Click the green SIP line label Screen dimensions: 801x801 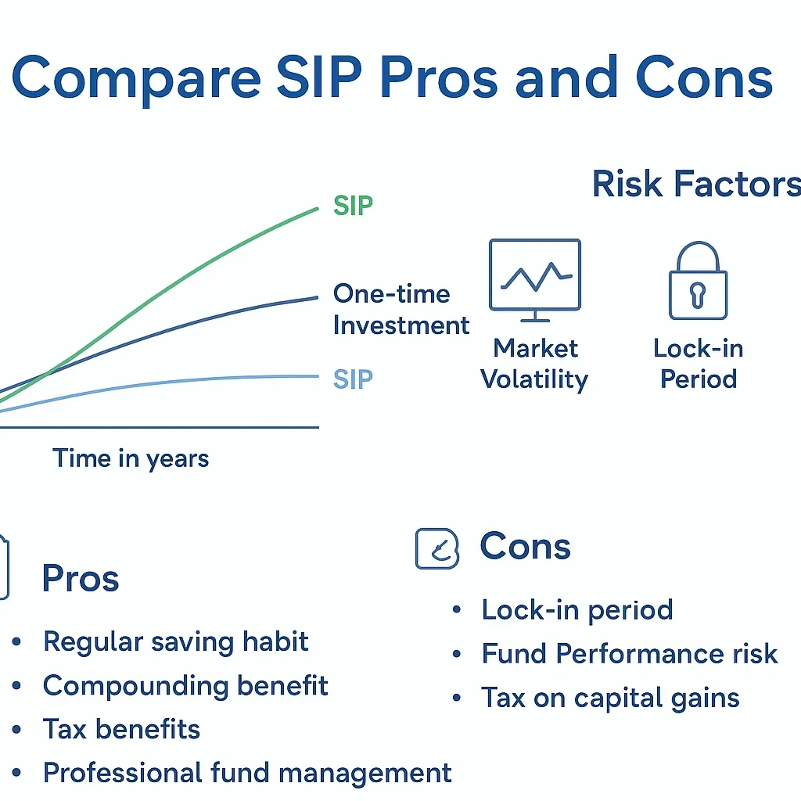pos(353,207)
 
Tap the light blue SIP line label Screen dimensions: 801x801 pos(353,379)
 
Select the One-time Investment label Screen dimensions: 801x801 pos(400,310)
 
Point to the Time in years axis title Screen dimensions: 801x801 pos(131,458)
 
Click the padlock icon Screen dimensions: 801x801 pos(698,282)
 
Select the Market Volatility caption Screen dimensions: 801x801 pos(535,364)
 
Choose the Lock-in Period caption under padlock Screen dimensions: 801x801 pos(699,364)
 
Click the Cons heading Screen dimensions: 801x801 pos(525,546)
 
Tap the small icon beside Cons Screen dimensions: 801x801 pos(436,548)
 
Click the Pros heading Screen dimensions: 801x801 pos(81,579)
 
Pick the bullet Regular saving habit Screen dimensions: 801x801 pos(176,641)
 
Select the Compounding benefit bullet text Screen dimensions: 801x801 pos(185,686)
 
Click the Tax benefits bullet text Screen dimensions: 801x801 pos(122,729)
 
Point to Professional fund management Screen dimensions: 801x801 pos(247,773)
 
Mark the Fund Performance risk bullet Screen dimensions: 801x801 pos(630,653)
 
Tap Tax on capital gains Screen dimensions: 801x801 pos(610,697)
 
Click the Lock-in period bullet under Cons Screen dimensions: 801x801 pos(577,609)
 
